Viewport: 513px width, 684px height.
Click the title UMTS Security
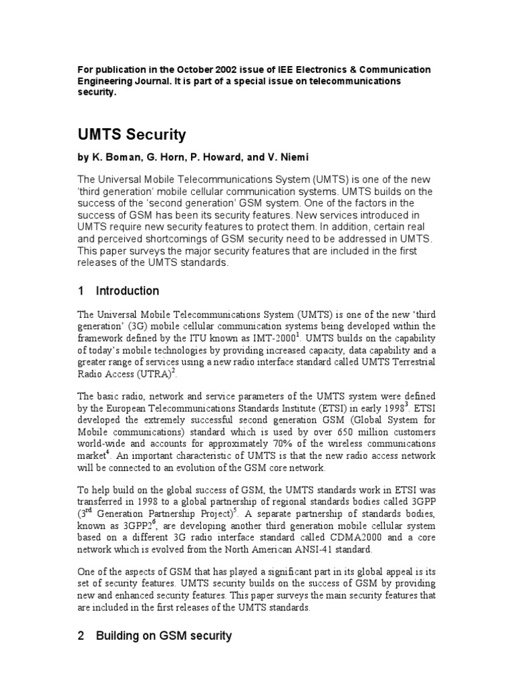pos(132,135)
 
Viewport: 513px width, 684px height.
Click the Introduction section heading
pos(128,291)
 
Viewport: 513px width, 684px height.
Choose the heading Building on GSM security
pos(164,636)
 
